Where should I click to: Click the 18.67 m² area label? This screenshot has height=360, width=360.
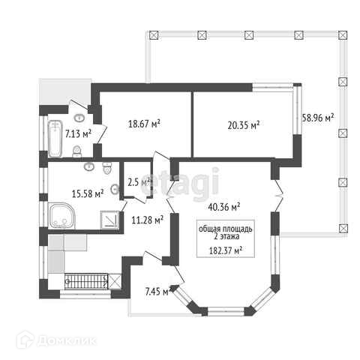[144, 124]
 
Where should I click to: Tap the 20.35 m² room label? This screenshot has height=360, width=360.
[244, 125]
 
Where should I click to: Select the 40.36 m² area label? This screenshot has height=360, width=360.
[224, 207]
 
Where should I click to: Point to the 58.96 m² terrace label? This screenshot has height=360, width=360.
[318, 118]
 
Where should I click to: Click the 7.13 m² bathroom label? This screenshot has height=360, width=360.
[78, 133]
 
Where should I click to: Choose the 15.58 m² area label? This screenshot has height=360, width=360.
[88, 193]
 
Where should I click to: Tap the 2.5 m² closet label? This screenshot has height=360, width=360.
[139, 182]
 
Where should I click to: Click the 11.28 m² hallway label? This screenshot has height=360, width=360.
[148, 220]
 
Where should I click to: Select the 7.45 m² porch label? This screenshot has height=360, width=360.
[158, 291]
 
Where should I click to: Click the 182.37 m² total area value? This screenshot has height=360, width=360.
[226, 250]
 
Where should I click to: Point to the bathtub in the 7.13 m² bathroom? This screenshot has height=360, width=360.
[55, 139]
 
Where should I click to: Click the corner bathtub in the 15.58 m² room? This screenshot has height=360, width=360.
[61, 215]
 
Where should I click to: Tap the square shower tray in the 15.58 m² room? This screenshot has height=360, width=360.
[110, 220]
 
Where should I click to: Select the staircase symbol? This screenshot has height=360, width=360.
[86, 281]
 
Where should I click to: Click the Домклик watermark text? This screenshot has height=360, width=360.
[67, 340]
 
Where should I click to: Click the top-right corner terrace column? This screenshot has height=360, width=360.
[343, 35]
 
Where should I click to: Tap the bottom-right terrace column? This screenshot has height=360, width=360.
[343, 228]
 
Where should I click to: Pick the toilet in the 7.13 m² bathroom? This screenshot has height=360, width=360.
[77, 151]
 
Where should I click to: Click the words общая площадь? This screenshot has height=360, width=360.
[226, 229]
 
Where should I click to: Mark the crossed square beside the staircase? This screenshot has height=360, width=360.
[115, 281]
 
